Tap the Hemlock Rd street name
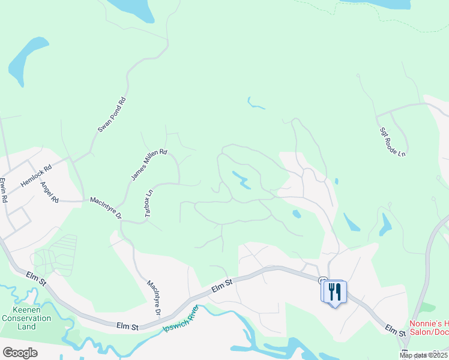click(x=36, y=175)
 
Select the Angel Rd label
click(x=49, y=191)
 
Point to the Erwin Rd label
click(x=5, y=190)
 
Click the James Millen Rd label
click(x=149, y=165)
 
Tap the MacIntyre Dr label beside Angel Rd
click(x=106, y=208)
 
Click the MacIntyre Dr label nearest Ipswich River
click(x=154, y=298)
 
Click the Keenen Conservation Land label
click(x=18, y=318)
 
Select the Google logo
click(x=20, y=353)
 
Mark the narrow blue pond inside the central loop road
click(x=241, y=179)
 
